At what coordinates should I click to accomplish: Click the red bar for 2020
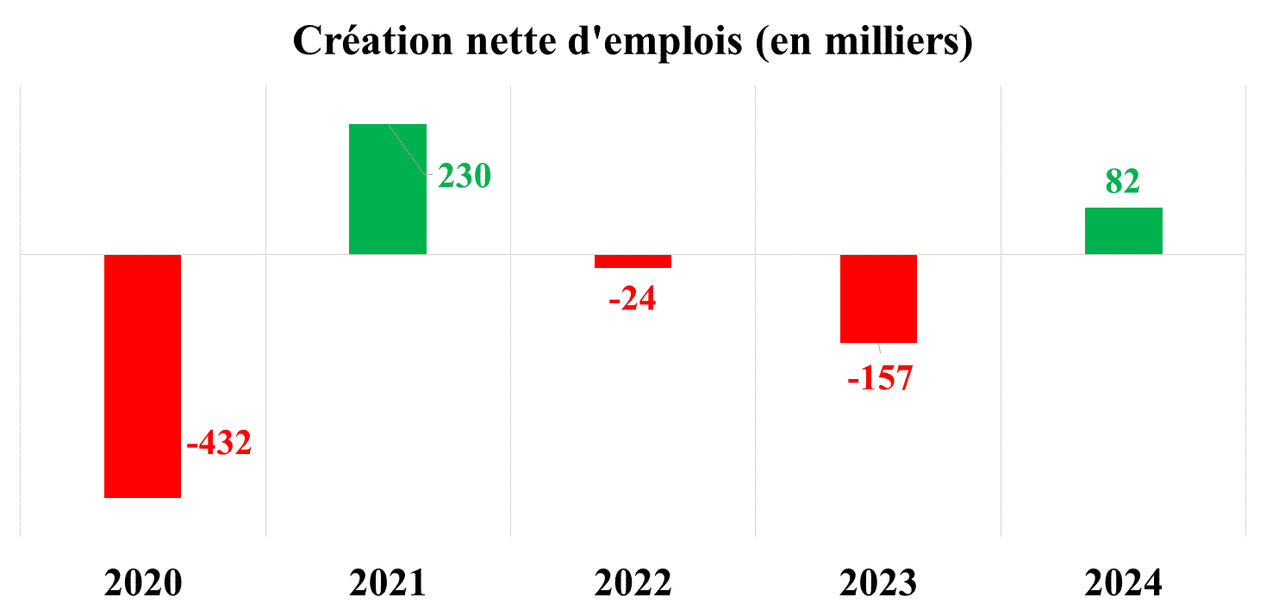142,376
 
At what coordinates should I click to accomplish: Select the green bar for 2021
387,190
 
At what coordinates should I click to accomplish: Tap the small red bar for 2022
633,261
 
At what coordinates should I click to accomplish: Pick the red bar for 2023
878,298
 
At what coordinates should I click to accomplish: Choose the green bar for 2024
1123,231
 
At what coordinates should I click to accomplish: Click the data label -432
219,443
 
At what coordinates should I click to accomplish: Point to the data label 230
464,176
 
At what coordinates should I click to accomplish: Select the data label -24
633,300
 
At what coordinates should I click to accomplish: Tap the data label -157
879,378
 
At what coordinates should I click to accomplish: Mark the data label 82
1123,182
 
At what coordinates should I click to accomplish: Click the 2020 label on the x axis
143,583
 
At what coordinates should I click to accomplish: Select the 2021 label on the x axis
388,583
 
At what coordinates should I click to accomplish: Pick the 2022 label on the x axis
633,583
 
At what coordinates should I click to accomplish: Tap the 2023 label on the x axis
878,583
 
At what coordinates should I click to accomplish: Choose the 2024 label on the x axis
1123,583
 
